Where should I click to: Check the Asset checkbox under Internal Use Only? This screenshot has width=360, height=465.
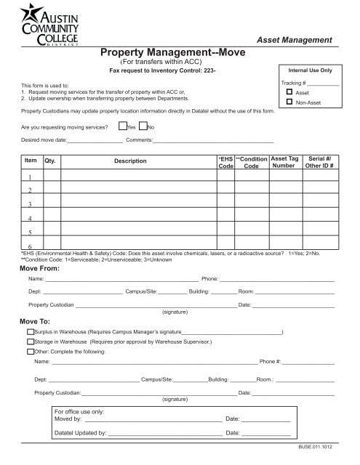(x=289, y=94)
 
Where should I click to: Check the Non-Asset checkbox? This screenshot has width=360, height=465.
(x=289, y=104)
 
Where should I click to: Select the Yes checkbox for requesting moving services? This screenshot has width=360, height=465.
(x=123, y=126)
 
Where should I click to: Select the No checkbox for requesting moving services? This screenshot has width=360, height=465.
(x=143, y=126)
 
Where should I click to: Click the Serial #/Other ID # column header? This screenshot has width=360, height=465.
(x=321, y=161)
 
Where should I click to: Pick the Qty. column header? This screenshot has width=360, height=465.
(x=49, y=161)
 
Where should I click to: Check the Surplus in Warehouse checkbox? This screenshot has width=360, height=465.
(x=29, y=331)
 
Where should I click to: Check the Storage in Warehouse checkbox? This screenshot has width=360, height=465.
(x=29, y=341)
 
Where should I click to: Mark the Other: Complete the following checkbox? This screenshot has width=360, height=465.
(x=29, y=351)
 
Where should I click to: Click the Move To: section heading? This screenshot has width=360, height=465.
(x=33, y=320)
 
